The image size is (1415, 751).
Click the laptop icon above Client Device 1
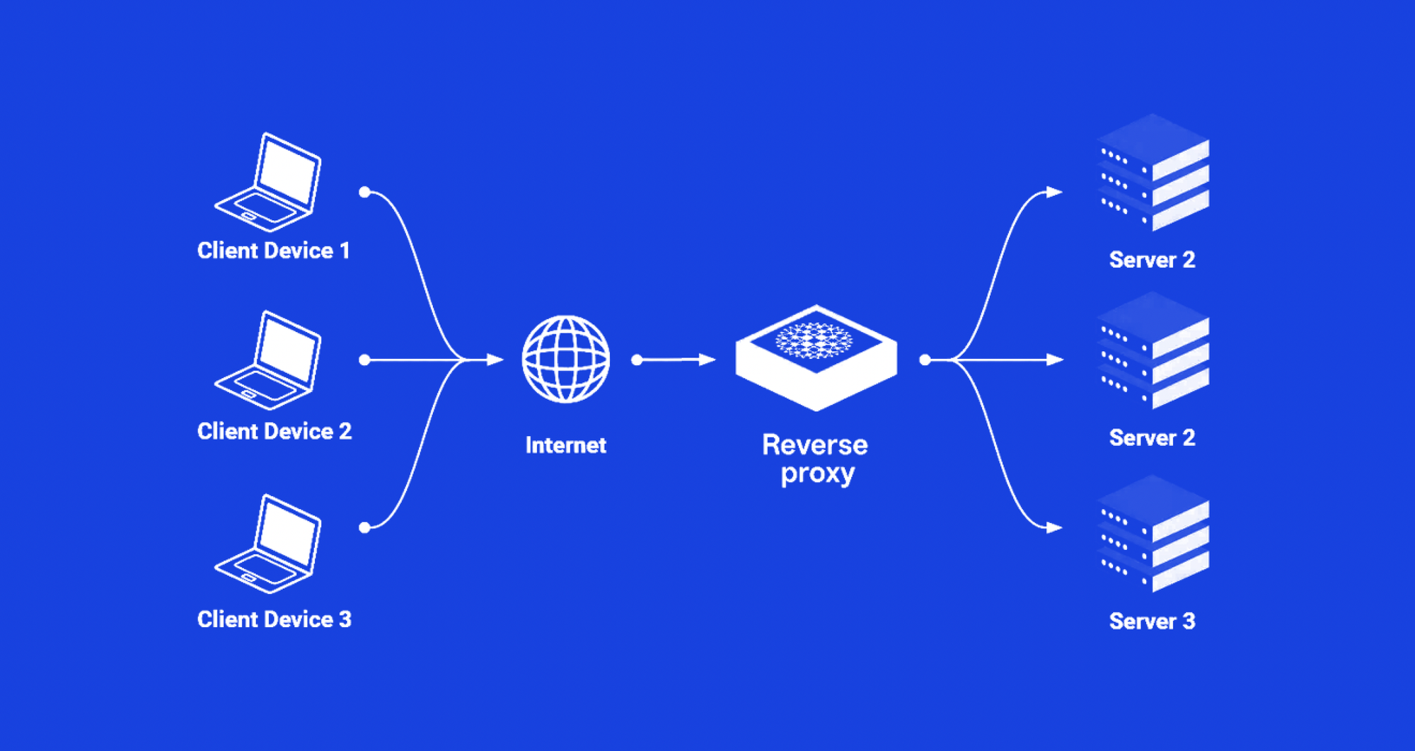(267, 183)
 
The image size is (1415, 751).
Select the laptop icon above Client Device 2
(267, 361)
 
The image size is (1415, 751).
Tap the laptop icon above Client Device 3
(267, 544)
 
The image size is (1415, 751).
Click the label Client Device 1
(274, 251)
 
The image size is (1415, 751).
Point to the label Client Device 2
(275, 431)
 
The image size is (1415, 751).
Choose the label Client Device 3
(275, 619)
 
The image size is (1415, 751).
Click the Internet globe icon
(565, 360)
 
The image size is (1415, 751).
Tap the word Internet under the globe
(566, 445)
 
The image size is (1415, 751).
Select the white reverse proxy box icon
(816, 357)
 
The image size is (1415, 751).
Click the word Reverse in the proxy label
(815, 445)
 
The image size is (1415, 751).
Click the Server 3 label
(1153, 621)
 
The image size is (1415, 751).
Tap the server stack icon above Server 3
(1153, 534)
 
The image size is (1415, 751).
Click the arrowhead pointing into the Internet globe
(495, 360)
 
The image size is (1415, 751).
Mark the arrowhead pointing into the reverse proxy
(707, 360)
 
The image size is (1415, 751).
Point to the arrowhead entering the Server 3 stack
(1055, 527)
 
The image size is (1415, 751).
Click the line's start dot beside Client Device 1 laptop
(365, 192)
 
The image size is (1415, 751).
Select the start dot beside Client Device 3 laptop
(365, 527)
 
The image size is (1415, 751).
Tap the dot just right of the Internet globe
(637, 360)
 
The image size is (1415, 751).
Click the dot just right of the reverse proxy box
(925, 360)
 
